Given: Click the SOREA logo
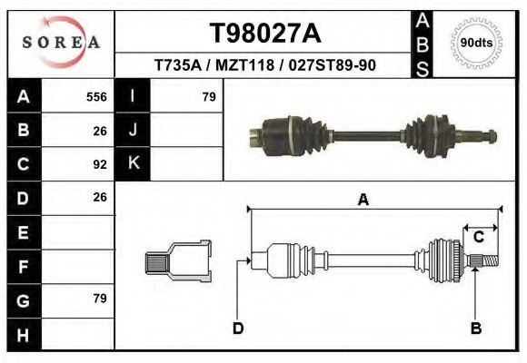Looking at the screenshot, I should [x=61, y=43].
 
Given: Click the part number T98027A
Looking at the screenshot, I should [x=264, y=34].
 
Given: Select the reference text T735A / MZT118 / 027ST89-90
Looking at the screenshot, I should [x=264, y=66].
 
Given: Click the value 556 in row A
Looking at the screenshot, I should [x=95, y=96].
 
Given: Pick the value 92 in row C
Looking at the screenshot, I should [x=100, y=164].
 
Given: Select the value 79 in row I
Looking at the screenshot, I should [x=208, y=96].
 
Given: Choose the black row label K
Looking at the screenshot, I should [x=134, y=163].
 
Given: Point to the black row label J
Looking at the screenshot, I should [x=134, y=130].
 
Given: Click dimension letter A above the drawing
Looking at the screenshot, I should [x=363, y=201].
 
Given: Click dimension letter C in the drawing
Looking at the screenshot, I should [x=478, y=238].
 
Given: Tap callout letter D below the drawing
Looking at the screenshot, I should [x=238, y=328].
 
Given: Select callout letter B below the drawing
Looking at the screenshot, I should [x=475, y=328].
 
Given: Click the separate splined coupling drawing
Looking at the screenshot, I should [x=179, y=261].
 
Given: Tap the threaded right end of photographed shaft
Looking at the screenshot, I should [x=486, y=137].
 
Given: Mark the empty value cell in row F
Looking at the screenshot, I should [x=79, y=266].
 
